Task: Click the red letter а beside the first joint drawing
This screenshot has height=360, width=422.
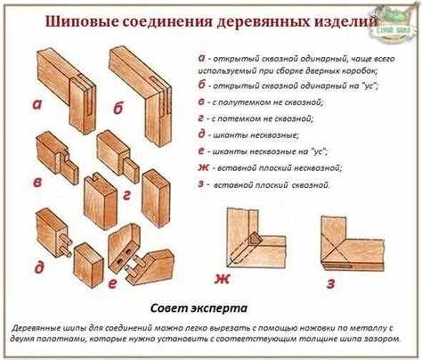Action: coord(37,103)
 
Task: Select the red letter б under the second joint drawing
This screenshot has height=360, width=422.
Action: coord(118,110)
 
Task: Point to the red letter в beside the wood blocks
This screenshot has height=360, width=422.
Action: coord(37,183)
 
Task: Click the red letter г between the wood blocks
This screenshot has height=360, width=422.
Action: coord(127,193)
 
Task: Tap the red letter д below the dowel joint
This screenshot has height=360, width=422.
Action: coord(37,266)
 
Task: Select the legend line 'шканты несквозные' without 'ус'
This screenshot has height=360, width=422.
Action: coord(257,135)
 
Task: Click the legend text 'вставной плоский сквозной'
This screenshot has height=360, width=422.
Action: coord(271,184)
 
